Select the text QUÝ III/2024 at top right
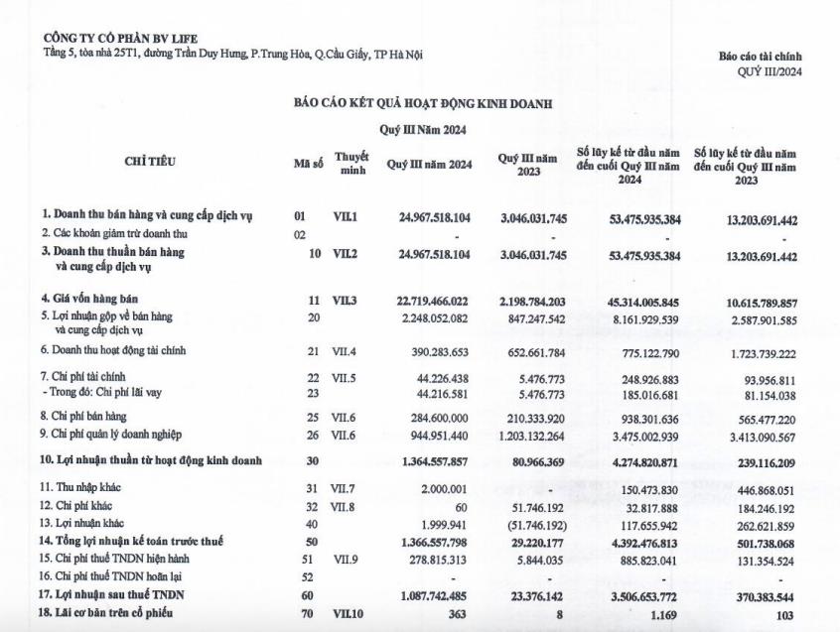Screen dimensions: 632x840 pyautogui.click(x=769, y=71)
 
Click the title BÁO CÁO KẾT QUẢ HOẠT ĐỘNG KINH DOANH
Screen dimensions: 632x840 pyautogui.click(x=422, y=103)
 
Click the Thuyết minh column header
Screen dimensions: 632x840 pyautogui.click(x=351, y=164)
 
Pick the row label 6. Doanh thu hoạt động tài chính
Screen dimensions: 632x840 pyautogui.click(x=113, y=350)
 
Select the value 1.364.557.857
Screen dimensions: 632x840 pyautogui.click(x=441, y=461)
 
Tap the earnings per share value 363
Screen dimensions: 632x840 pyautogui.click(x=460, y=614)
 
